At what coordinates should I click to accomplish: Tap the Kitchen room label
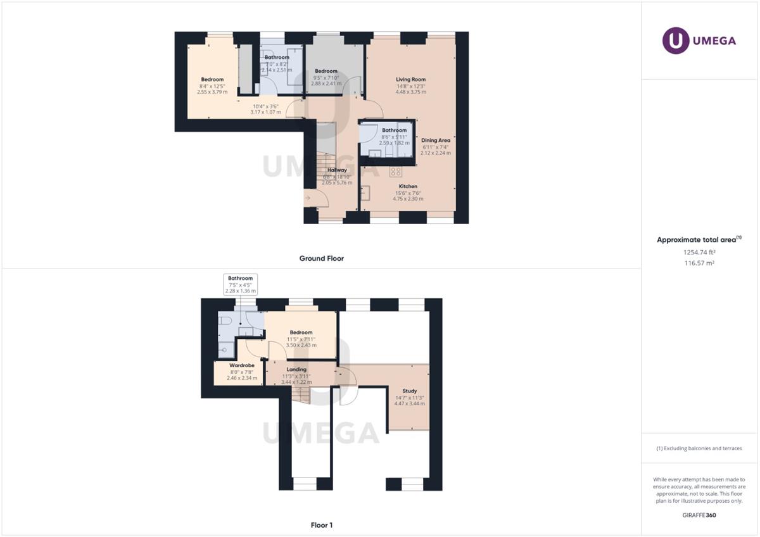tap(407, 186)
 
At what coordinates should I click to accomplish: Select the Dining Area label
tap(436, 140)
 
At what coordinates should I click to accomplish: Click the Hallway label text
tap(337, 170)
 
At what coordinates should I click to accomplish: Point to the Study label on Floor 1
tap(409, 391)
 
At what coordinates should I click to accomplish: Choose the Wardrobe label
tap(242, 365)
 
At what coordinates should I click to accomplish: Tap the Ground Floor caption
tap(321, 258)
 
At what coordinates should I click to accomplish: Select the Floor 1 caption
tap(321, 525)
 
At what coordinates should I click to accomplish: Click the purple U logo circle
tap(676, 41)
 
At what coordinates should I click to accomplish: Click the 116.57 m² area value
tap(699, 263)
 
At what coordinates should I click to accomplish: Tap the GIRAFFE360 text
tap(699, 515)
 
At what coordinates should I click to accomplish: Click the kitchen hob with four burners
tap(396, 172)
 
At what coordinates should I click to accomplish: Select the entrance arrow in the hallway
tap(308, 198)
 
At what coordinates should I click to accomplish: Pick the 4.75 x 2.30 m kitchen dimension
tap(407, 199)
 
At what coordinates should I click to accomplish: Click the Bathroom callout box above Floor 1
tap(241, 284)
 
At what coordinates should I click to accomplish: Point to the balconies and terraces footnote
tap(699, 448)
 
